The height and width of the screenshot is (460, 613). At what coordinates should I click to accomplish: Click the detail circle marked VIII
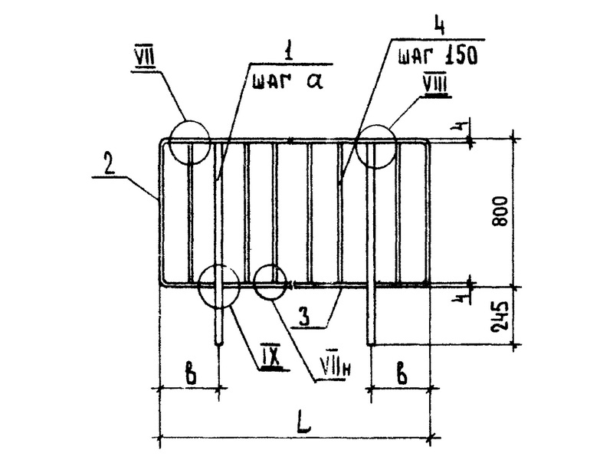373,143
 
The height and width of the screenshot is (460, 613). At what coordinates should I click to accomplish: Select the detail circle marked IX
218,285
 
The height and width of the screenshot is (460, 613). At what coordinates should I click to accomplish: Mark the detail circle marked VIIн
270,281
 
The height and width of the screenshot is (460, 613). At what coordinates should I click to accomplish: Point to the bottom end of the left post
221,343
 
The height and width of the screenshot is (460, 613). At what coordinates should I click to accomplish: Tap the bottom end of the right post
371,343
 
